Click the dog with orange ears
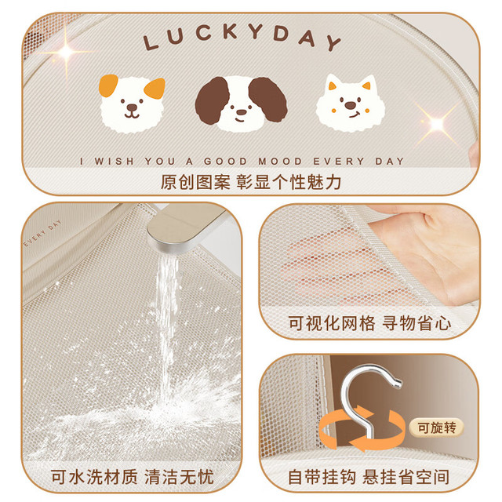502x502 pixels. pos(132,104)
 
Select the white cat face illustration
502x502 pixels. pos(351,103)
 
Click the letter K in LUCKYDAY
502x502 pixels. pos(229,31)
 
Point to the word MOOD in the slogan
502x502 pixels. pos(280,161)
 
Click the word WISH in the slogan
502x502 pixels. pos(114,161)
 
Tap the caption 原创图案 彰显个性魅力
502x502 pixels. pos(251,182)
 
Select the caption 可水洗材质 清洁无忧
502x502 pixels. pos(133,477)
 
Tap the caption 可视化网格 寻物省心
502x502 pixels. pos(369,323)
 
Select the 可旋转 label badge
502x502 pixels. pos(437,427)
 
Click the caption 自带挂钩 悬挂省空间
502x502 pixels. pos(369,477)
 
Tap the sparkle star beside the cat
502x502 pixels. pos(437,123)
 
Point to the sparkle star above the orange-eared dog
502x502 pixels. pos(67,52)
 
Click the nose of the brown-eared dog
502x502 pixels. pos(241,112)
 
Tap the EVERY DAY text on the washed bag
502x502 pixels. pos(42,234)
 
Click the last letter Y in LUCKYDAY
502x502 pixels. pos(334,43)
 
